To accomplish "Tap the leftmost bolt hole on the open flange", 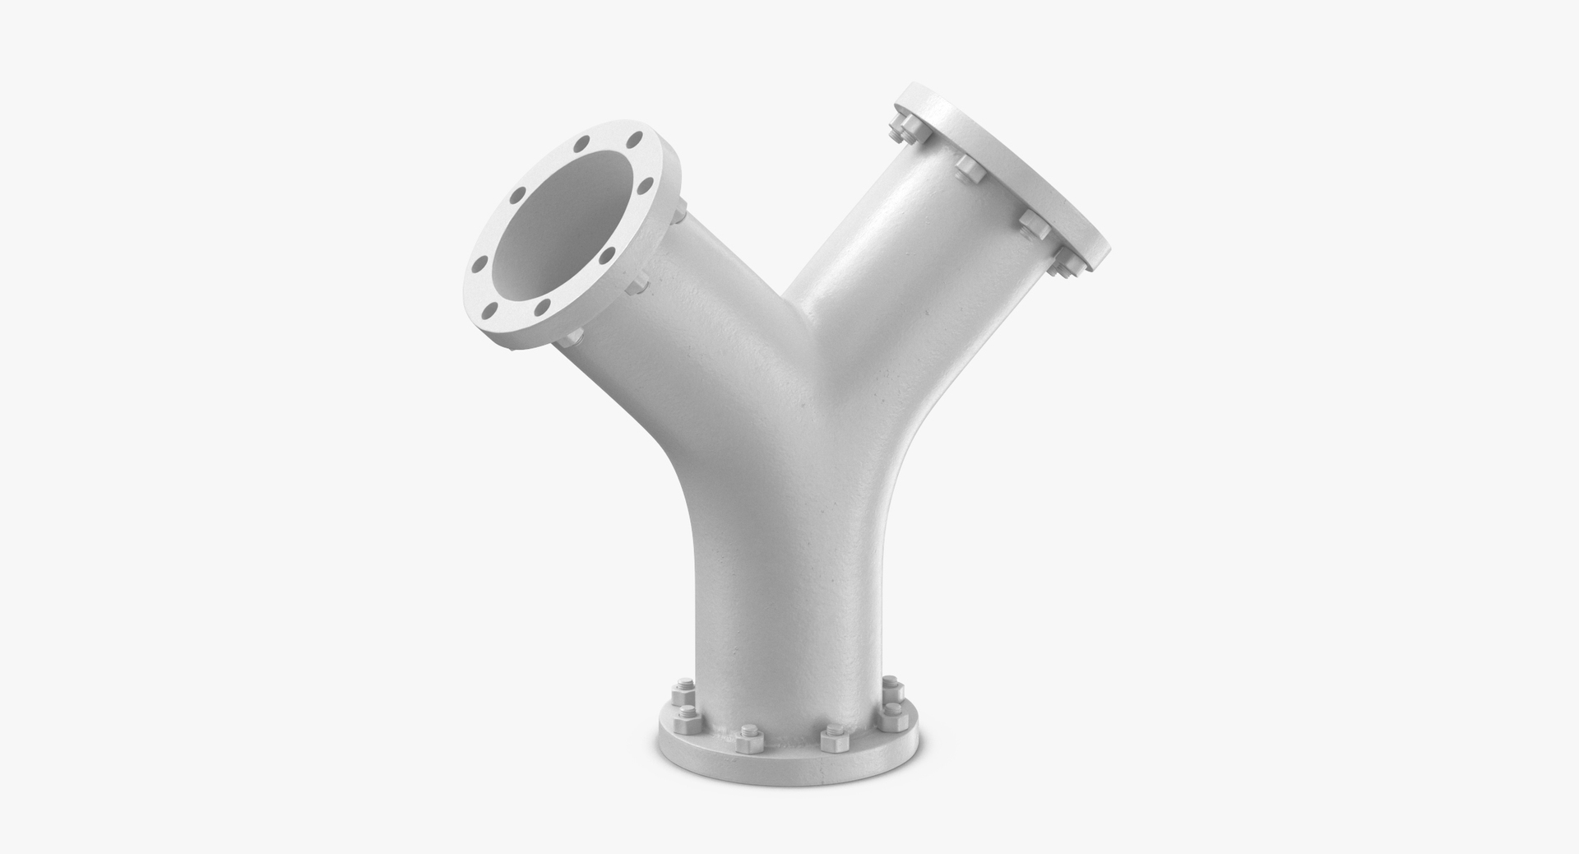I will [476, 265].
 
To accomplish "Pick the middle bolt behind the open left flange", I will [637, 285].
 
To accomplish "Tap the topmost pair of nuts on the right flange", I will [903, 129].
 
